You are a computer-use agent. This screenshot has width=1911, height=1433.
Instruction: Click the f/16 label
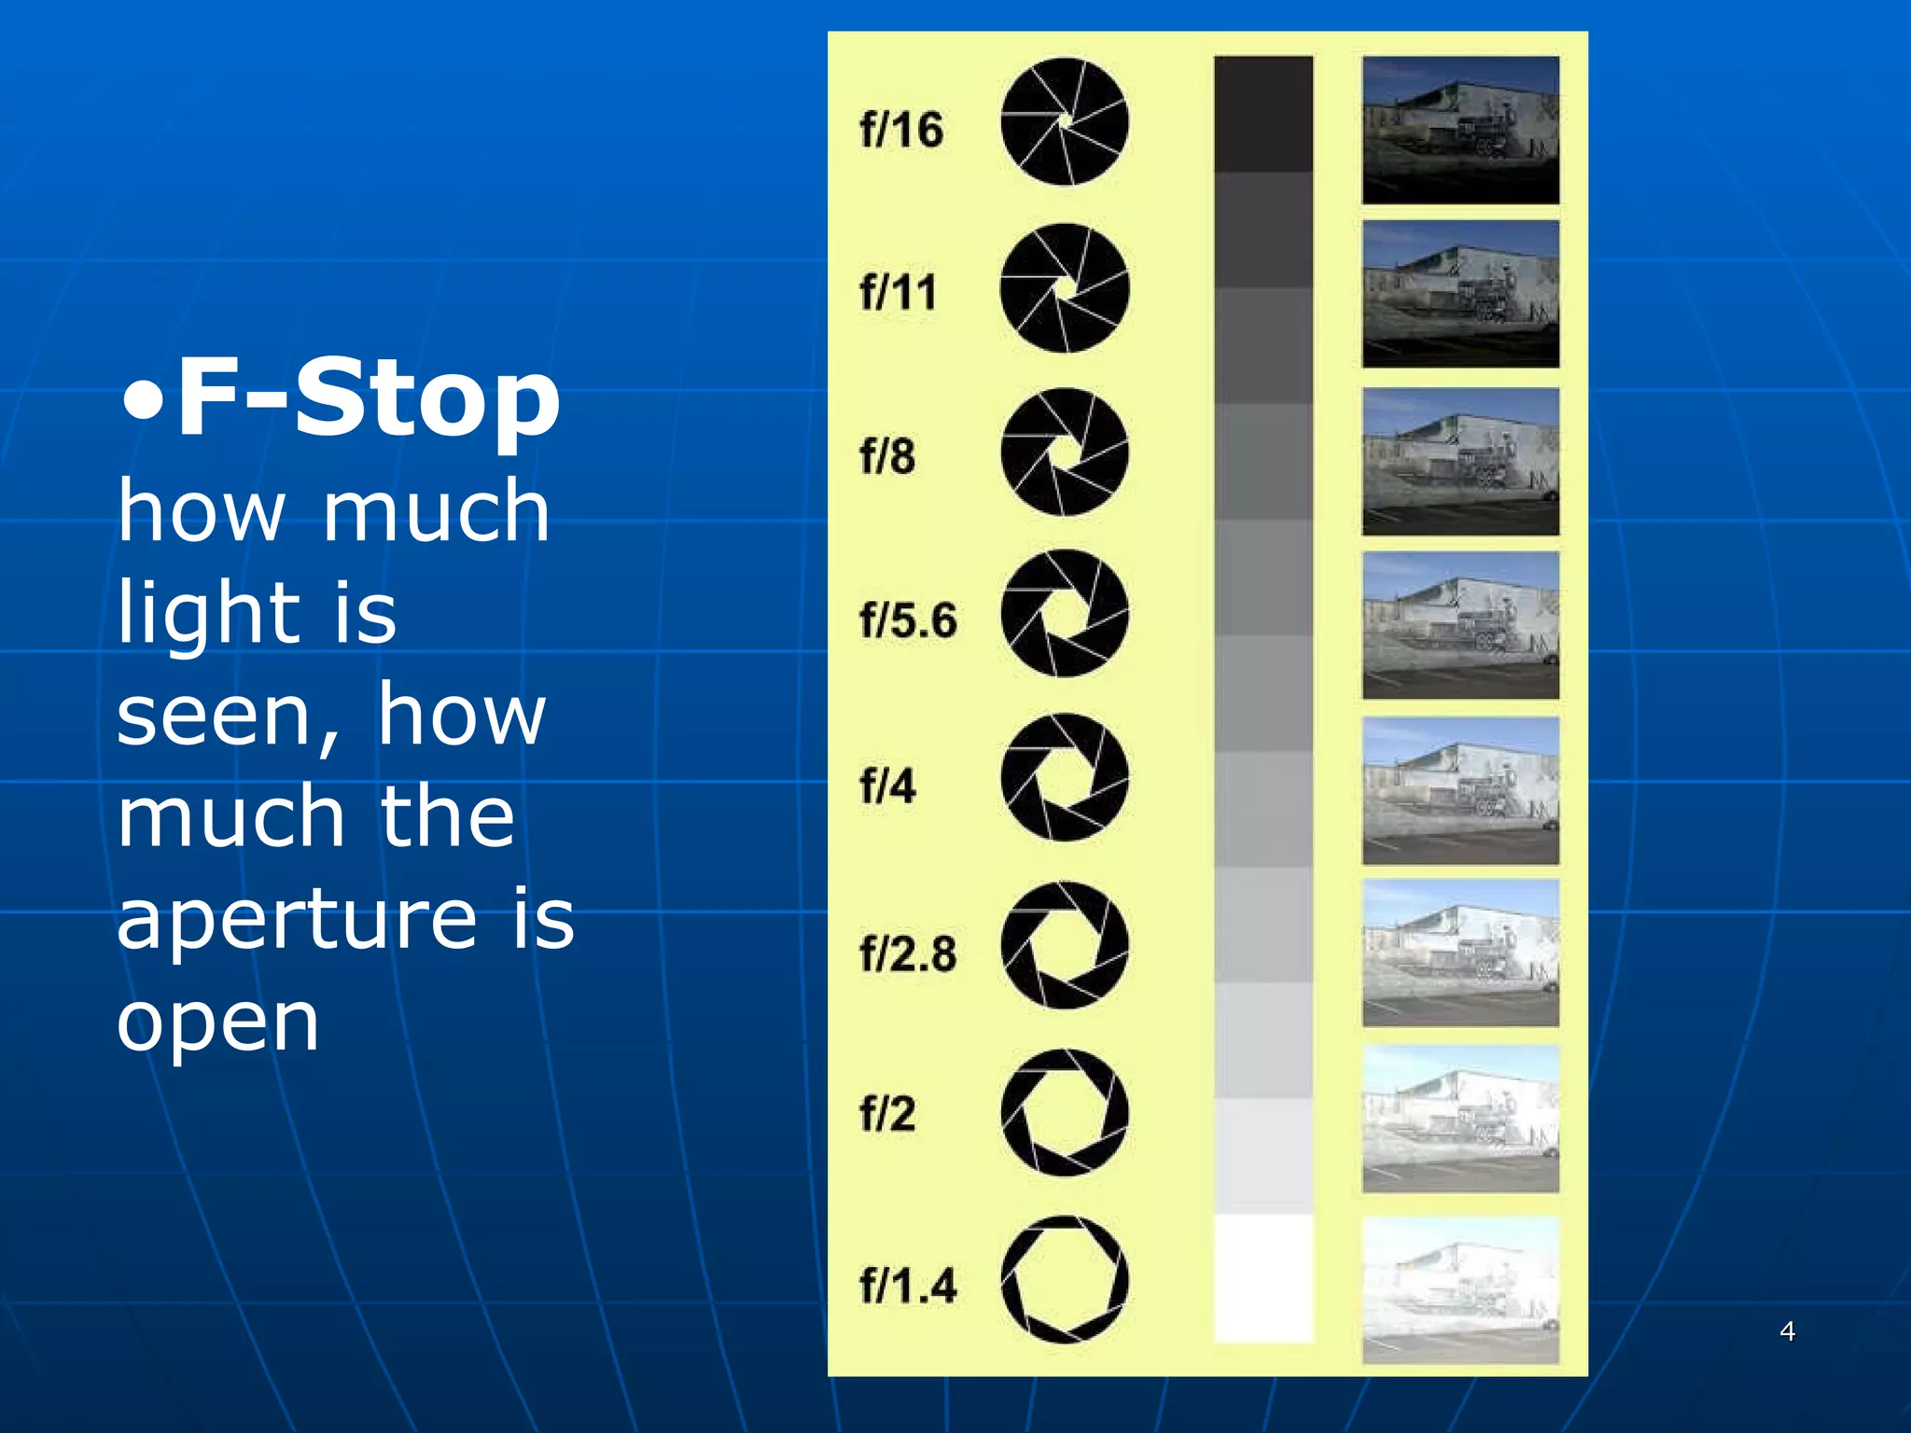click(901, 129)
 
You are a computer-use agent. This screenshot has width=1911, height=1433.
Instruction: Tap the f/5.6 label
click(908, 620)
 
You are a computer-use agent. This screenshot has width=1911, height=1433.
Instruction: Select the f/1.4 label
click(908, 1285)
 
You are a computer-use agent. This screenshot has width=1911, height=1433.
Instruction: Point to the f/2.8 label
click(908, 953)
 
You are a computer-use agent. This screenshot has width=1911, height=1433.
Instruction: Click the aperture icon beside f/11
click(1064, 288)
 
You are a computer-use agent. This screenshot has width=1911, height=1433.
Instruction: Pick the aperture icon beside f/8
click(1064, 452)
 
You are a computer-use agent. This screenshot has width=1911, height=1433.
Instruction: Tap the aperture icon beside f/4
click(1064, 777)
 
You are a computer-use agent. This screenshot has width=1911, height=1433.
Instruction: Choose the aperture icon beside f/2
click(1064, 1112)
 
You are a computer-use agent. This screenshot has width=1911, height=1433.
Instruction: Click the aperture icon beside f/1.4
click(1064, 1279)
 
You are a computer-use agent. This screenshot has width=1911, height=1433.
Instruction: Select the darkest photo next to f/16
click(1460, 130)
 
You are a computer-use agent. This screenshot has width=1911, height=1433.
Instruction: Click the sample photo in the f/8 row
click(1460, 462)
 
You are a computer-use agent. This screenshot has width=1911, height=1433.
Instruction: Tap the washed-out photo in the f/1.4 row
click(1460, 1290)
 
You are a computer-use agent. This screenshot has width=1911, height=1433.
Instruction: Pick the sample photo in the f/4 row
click(1460, 790)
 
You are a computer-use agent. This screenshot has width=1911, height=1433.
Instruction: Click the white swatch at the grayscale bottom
click(1263, 1278)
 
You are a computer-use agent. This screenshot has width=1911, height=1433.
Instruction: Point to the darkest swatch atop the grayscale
click(1263, 114)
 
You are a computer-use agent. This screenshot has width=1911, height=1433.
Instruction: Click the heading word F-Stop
click(369, 399)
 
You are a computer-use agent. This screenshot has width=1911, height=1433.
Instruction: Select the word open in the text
click(218, 1023)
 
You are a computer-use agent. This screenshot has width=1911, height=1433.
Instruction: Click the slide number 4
click(1787, 1331)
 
